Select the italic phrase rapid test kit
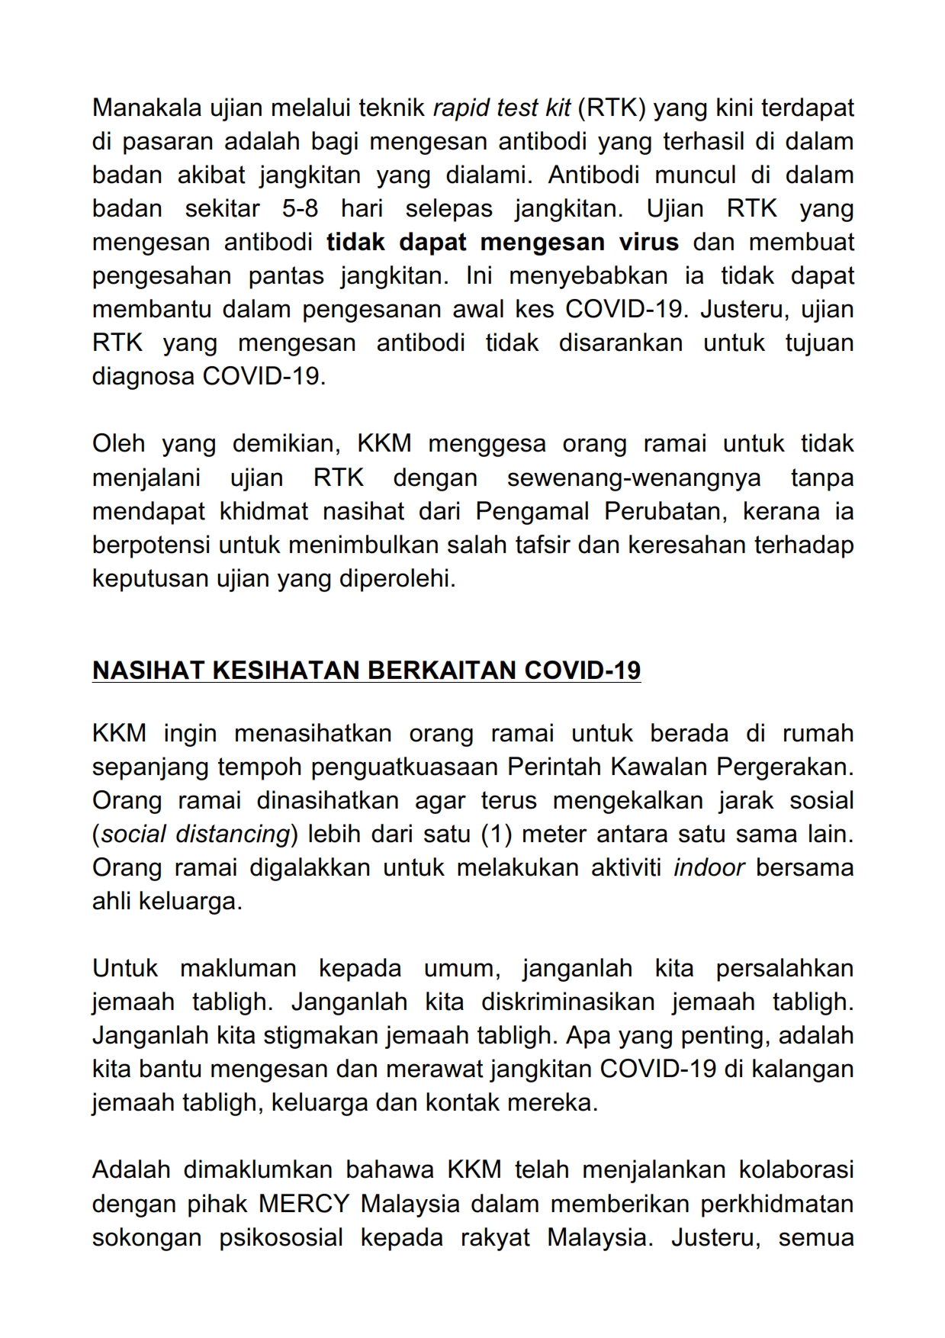pyautogui.click(x=501, y=108)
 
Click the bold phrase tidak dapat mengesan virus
pyautogui.click(x=503, y=243)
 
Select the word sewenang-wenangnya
pyautogui.click(x=634, y=478)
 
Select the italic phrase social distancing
pyautogui.click(x=195, y=835)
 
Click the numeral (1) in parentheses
pyautogui.click(x=497, y=835)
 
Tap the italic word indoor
pyautogui.click(x=709, y=868)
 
